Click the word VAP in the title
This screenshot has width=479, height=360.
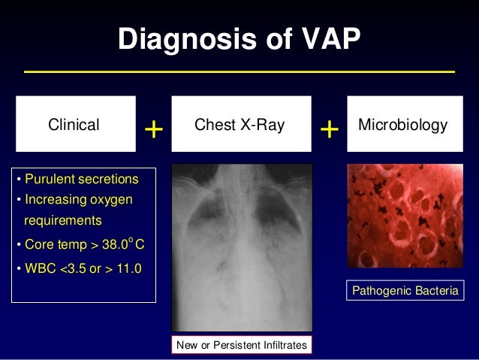tap(327, 38)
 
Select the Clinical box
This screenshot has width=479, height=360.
tap(74, 125)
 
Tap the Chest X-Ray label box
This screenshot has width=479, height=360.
tap(239, 125)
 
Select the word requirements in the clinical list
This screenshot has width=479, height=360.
tap(63, 222)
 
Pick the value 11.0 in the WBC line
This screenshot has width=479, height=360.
tap(127, 268)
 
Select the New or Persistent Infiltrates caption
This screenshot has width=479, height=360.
tap(241, 345)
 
